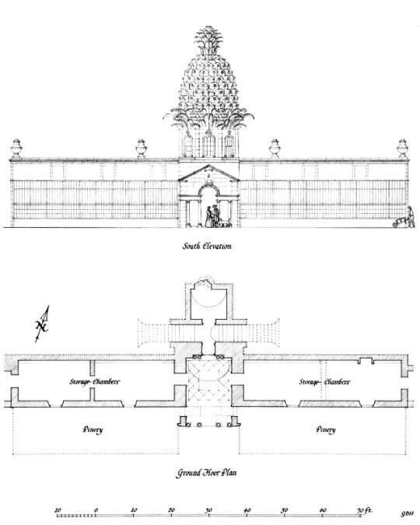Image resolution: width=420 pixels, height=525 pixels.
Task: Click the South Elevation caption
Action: [x=207, y=246]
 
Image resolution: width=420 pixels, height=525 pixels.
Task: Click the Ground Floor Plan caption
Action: [x=206, y=472]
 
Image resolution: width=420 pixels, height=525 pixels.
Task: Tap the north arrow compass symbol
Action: [x=43, y=324]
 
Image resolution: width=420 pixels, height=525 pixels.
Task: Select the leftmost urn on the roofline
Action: [x=16, y=149]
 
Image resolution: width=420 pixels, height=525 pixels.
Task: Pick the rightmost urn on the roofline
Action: [x=403, y=149]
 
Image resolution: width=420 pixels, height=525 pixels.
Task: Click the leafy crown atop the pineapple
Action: [x=209, y=40]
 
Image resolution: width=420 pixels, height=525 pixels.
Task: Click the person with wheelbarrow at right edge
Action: [x=404, y=218]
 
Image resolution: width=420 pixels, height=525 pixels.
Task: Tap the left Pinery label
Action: [x=93, y=429]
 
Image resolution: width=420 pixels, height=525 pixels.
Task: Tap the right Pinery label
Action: [x=326, y=429]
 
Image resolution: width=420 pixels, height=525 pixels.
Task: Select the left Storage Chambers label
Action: [x=94, y=382]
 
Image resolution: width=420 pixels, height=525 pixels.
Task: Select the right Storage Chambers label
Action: [x=324, y=382]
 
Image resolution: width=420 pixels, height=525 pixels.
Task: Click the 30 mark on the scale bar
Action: [x=208, y=510]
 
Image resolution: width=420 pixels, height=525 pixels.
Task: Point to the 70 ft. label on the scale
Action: [x=365, y=510]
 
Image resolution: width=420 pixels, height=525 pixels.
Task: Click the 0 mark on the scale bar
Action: [x=96, y=510]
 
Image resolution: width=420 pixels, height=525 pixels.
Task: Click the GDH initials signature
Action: [x=408, y=514]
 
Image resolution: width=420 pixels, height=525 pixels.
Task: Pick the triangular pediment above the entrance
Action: [x=208, y=173]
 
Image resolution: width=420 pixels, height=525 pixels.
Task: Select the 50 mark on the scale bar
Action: [x=285, y=510]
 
